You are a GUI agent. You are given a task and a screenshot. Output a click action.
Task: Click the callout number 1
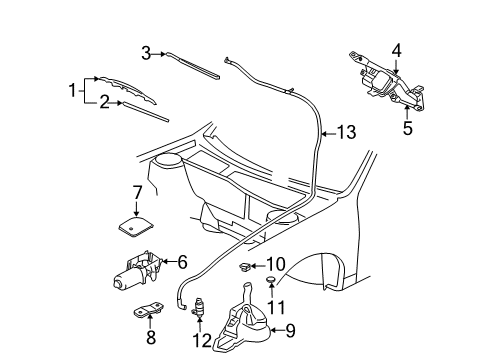[72, 90]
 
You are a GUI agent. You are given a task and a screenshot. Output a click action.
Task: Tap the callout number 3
[146, 53]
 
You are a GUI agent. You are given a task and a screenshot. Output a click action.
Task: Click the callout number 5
[406, 126]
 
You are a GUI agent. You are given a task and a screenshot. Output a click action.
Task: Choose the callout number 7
[137, 191]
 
